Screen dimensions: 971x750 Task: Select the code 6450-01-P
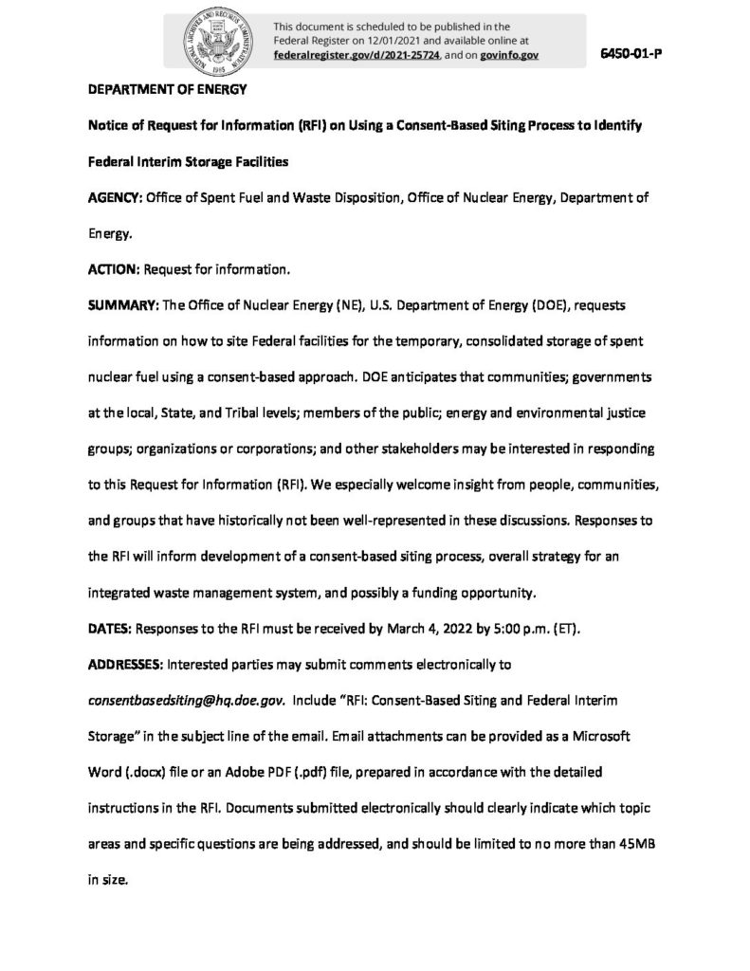[630, 52]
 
